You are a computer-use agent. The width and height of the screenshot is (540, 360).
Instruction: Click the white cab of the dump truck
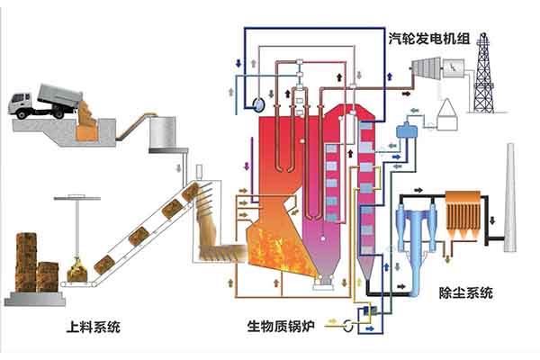click(x=22, y=103)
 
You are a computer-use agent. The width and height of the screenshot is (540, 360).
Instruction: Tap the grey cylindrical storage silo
click(x=164, y=131)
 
